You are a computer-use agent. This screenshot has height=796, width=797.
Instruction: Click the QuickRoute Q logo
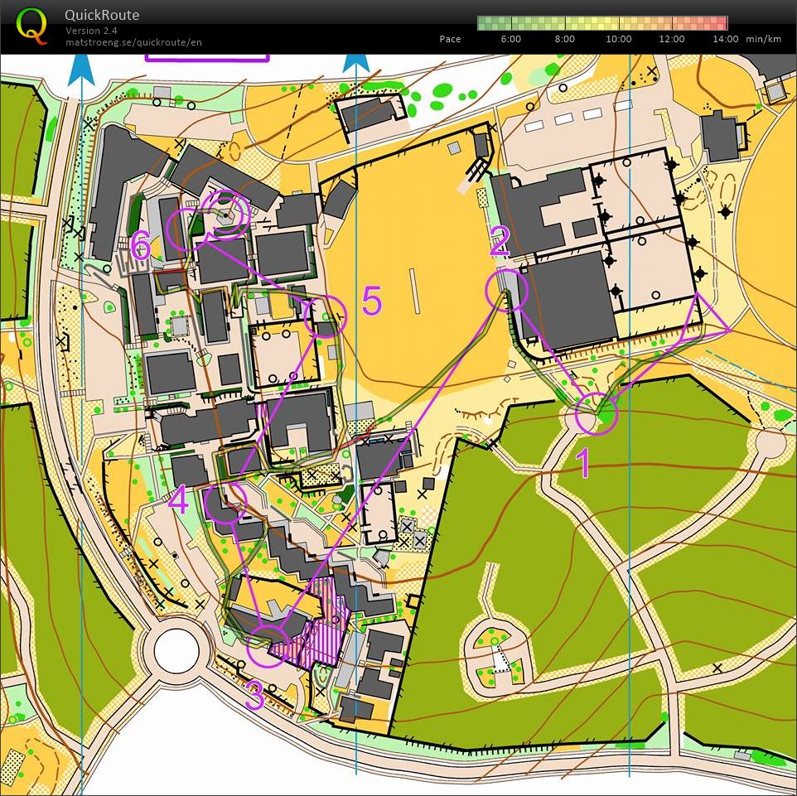pyautogui.click(x=31, y=25)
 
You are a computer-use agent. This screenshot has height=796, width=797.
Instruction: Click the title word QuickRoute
pyautogui.click(x=102, y=15)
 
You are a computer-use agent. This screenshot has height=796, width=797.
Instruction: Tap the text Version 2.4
pyautogui.click(x=91, y=31)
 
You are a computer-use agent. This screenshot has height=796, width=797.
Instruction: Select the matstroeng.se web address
pyautogui.click(x=133, y=41)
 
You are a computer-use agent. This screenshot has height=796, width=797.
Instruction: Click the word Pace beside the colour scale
pyautogui.click(x=450, y=39)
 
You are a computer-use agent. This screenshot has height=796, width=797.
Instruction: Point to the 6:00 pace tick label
pyautogui.click(x=510, y=39)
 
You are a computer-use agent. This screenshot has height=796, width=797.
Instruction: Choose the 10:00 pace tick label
pyautogui.click(x=618, y=39)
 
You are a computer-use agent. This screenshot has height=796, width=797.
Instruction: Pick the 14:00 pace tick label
pyautogui.click(x=725, y=39)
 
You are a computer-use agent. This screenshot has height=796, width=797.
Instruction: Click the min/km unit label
pyautogui.click(x=763, y=39)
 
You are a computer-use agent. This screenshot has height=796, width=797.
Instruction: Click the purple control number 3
pyautogui.click(x=254, y=697)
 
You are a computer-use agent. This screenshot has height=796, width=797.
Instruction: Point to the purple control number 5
pyautogui.click(x=372, y=302)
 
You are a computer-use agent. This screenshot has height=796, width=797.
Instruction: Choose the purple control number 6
pyautogui.click(x=141, y=245)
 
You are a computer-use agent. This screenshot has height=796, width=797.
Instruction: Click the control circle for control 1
pyautogui.click(x=597, y=413)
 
